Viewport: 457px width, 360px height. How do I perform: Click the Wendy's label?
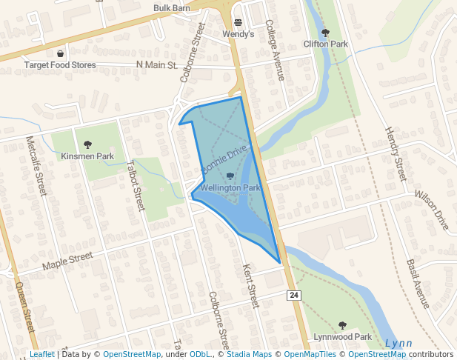238,34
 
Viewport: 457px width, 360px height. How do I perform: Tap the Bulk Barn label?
172,8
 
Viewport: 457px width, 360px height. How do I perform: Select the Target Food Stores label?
60,65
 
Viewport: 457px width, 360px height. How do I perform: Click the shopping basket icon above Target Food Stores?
60,53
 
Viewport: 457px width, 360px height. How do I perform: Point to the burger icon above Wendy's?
238,22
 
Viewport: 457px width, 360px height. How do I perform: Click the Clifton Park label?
325,44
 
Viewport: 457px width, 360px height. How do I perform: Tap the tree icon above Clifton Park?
325,33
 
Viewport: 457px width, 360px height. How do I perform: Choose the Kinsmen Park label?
87,156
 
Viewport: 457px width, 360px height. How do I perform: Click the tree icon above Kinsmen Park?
87,144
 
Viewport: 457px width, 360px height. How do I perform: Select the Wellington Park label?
230,188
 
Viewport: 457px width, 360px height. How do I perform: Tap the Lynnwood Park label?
342,337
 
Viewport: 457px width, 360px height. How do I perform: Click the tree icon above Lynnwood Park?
342,325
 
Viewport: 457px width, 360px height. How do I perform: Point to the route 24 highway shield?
295,296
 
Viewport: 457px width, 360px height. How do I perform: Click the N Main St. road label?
158,65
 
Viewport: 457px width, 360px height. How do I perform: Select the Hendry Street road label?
395,153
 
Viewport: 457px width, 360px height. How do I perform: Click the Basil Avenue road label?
418,284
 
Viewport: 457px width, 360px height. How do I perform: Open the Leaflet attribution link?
42,354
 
